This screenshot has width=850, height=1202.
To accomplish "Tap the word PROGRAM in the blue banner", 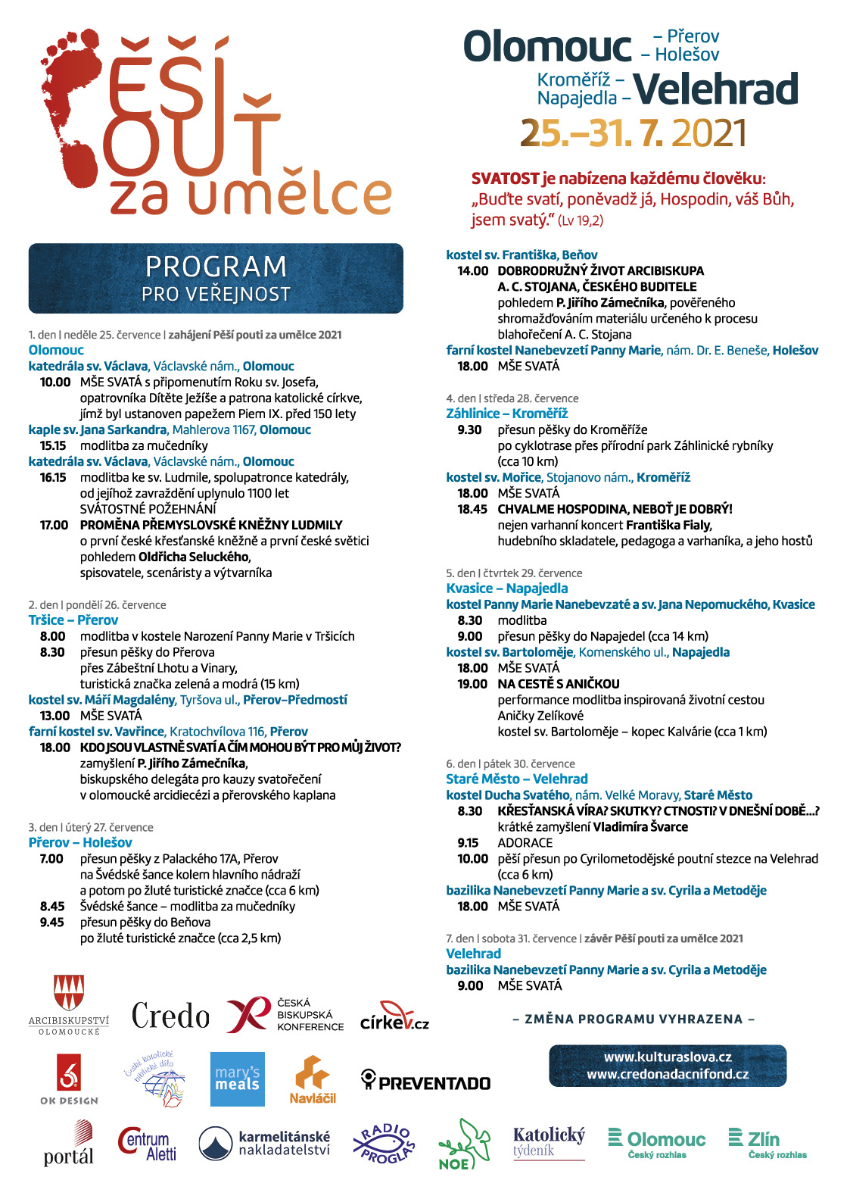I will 216,267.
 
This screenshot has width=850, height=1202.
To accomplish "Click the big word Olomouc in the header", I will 546,47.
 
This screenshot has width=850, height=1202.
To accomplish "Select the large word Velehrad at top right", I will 716,89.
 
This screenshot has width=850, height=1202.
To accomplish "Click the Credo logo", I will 170,1016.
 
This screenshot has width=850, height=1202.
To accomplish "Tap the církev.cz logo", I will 394,1017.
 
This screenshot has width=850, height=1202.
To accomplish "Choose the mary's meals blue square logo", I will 237,1079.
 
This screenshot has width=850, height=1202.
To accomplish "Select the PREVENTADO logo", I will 426,1082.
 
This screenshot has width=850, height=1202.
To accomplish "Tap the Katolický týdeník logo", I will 549,1142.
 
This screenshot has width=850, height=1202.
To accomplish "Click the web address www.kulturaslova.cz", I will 668,1057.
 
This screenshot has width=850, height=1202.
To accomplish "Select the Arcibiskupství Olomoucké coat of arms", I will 69,993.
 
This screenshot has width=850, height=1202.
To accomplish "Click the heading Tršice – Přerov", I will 73,620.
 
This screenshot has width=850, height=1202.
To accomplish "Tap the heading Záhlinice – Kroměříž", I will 507,414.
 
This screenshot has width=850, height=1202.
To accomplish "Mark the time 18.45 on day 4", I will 472,509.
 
